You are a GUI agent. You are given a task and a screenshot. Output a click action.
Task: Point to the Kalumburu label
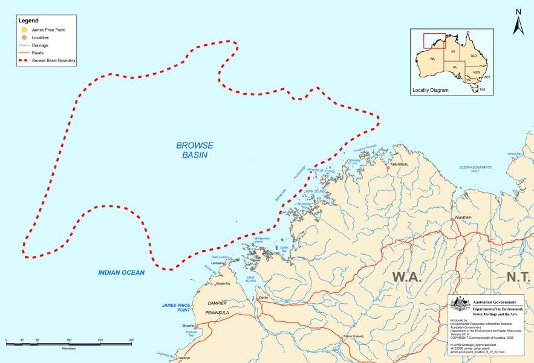click(400, 163)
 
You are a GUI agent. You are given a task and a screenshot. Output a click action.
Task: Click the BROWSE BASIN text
click(195, 150)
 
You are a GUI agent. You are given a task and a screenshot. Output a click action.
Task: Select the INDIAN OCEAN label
click(122, 272)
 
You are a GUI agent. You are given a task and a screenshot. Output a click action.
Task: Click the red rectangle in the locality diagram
click(434, 40)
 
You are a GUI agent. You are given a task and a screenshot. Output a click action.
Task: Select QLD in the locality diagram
click(474, 56)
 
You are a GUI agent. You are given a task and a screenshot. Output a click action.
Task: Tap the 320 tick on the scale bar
click(131, 341)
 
